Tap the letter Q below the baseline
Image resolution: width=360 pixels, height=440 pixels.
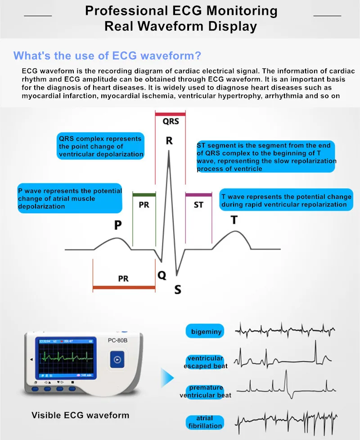pyautogui.click(x=162, y=275)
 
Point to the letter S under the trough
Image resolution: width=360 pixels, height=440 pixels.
pyautogui.click(x=178, y=290)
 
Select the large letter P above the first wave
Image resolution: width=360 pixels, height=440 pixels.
pyautogui.click(x=117, y=225)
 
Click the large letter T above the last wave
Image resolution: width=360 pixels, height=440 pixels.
pyautogui.click(x=234, y=220)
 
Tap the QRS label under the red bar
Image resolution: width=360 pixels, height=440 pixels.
pyautogui.click(x=170, y=121)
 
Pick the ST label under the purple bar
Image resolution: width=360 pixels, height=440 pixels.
pyautogui.click(x=198, y=205)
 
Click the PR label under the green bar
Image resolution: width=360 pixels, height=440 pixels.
pyautogui.click(x=144, y=205)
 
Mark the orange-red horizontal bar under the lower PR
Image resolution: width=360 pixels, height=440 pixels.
pyautogui.click(x=124, y=287)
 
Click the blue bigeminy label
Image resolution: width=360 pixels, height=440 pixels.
pyautogui.click(x=207, y=332)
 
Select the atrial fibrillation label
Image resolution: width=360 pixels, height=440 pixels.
pyautogui.click(x=205, y=422)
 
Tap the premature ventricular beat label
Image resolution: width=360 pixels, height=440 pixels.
pyautogui.click(x=206, y=391)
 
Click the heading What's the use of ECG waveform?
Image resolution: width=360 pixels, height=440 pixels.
pyautogui.click(x=107, y=56)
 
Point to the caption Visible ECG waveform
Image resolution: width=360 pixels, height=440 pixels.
pyautogui.click(x=80, y=415)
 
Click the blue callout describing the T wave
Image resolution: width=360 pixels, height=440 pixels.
pyautogui.click(x=286, y=201)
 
